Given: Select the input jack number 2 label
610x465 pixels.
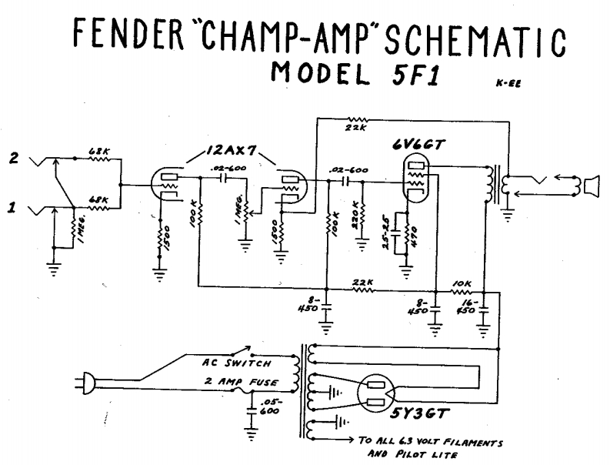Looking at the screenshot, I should point(12,159).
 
